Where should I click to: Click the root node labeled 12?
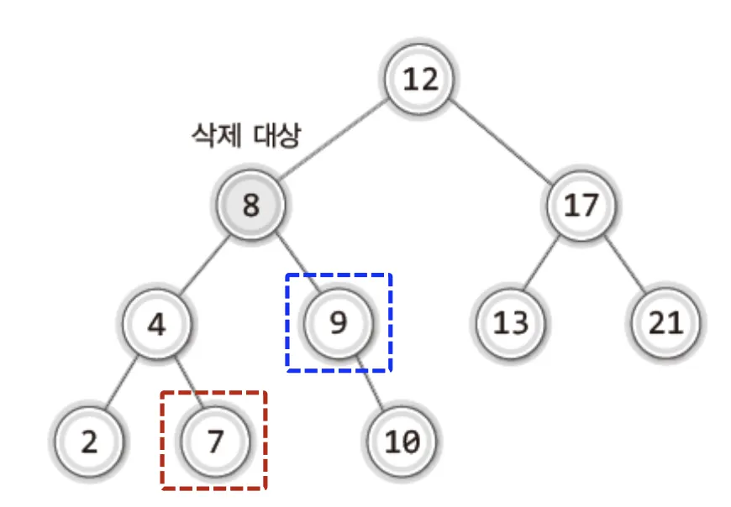pyautogui.click(x=420, y=80)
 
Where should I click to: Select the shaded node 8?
pyautogui.click(x=250, y=205)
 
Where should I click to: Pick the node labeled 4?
pyautogui.click(x=156, y=323)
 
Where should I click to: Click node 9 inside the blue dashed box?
pyautogui.click(x=338, y=323)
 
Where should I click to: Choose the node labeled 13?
pyautogui.click(x=511, y=323)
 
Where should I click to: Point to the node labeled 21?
pyautogui.click(x=666, y=323)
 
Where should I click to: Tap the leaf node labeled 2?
pyautogui.click(x=89, y=442)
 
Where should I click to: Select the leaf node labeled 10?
pyautogui.click(x=402, y=442)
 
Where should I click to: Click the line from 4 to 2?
pyautogui.click(x=123, y=383)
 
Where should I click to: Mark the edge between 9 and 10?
pyautogui.click(x=370, y=383)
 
